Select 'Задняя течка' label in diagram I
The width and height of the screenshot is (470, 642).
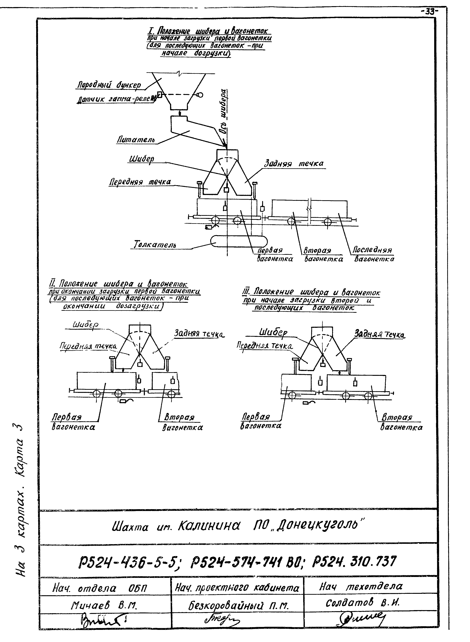[294, 164]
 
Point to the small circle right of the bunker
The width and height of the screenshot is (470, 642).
[200, 95]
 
